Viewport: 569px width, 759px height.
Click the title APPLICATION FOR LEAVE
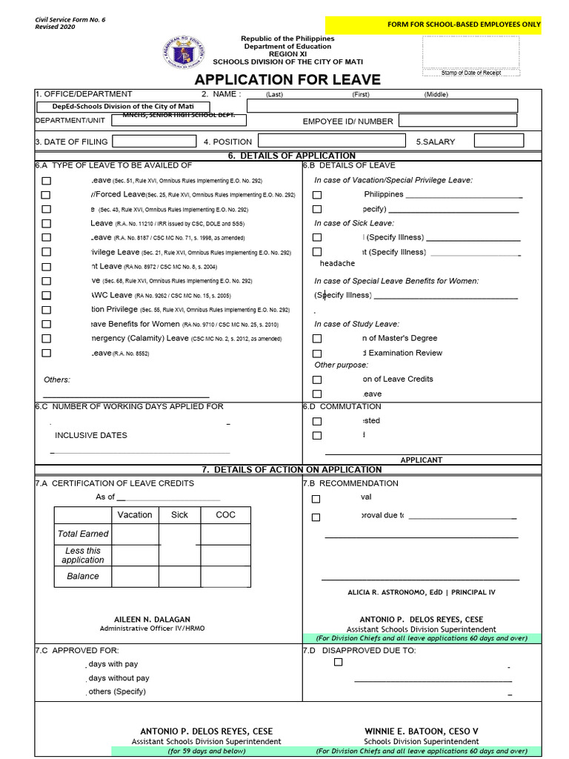(287, 79)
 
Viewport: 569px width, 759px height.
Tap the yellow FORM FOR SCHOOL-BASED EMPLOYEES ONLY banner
(465, 24)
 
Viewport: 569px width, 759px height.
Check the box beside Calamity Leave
(46, 339)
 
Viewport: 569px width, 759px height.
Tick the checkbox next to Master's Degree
(317, 339)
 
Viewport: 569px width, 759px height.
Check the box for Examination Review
(317, 354)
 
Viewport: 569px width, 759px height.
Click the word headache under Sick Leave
(337, 263)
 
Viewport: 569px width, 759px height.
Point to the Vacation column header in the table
(135, 514)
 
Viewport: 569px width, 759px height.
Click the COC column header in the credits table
(225, 514)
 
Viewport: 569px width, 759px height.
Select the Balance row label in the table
(83, 576)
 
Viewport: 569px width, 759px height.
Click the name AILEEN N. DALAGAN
(152, 619)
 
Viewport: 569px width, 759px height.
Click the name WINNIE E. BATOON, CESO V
(421, 731)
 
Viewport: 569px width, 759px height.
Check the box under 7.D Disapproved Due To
(338, 663)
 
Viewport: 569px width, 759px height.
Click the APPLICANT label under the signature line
(421, 460)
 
